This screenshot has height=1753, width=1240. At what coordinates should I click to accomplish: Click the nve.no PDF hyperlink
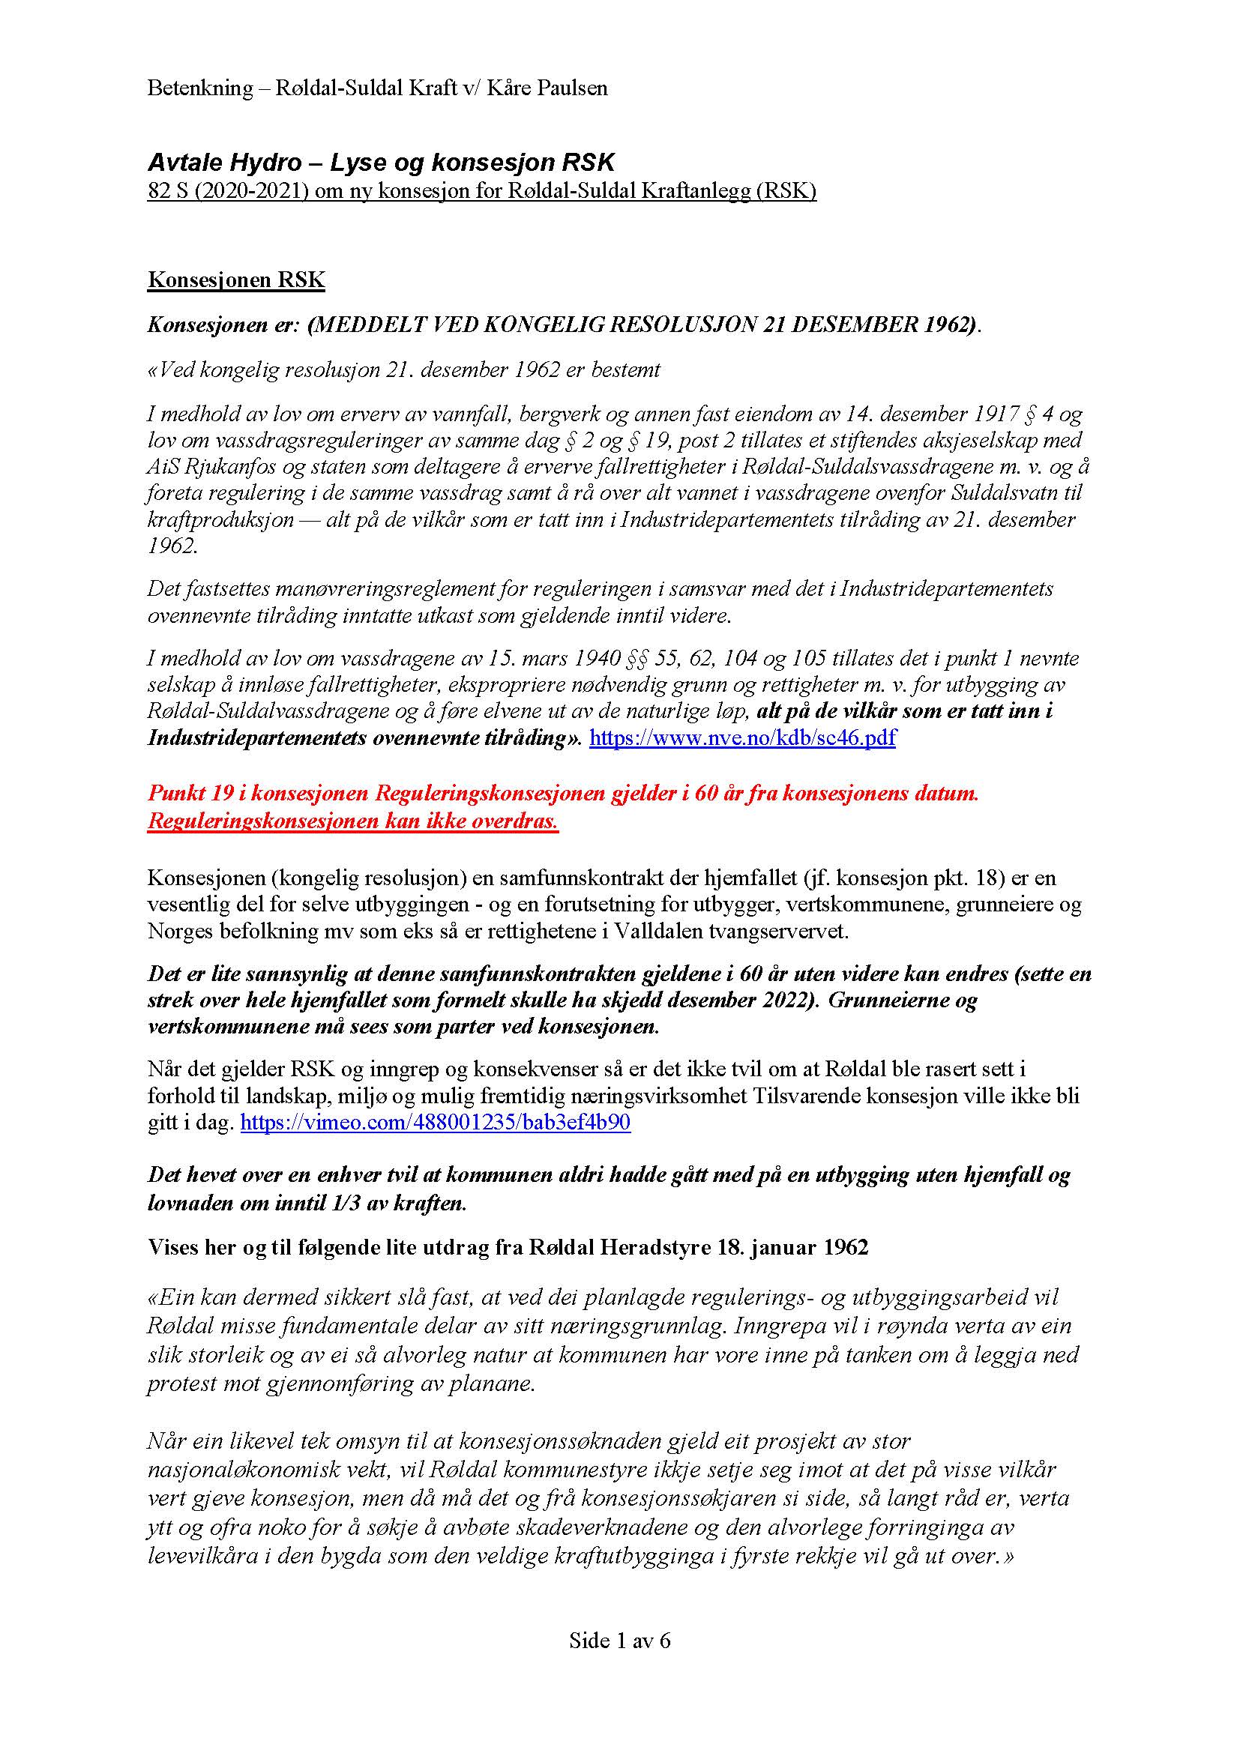pos(742,738)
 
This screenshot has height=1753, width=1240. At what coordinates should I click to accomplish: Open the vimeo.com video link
pos(436,1123)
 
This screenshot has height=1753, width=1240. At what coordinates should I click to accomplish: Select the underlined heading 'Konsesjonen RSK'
pos(236,280)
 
